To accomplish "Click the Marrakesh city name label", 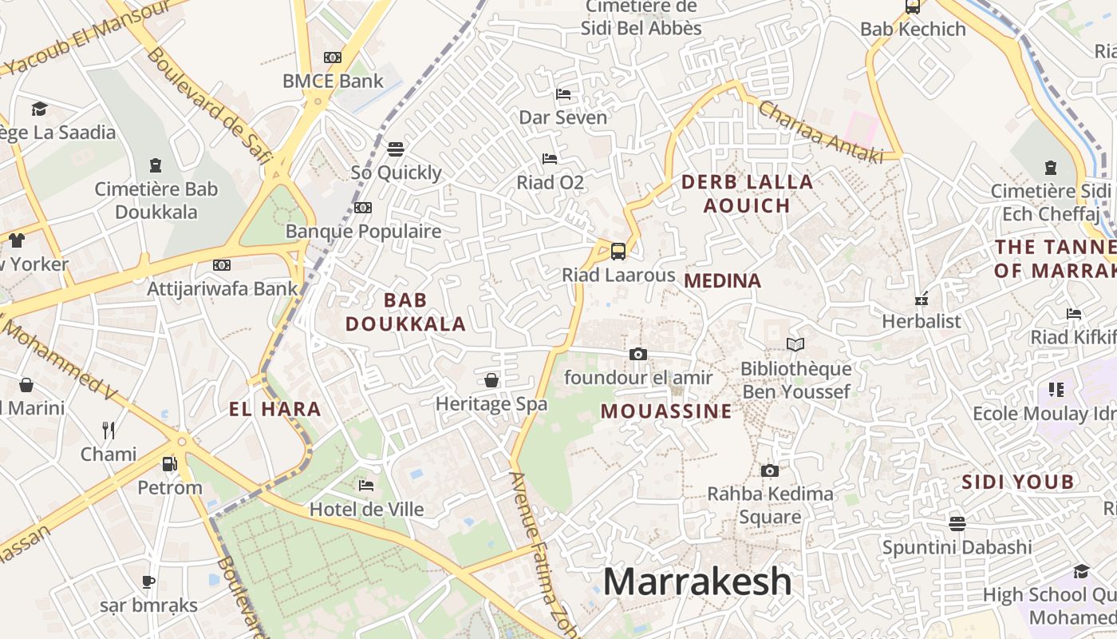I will tap(697, 582).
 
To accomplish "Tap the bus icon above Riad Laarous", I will tap(618, 252).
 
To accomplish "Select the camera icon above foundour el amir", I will tap(638, 354).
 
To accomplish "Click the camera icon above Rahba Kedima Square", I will tap(769, 470).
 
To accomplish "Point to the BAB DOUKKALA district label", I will tap(405, 312).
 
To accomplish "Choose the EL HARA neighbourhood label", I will tap(275, 410).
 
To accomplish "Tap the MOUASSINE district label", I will tap(666, 411).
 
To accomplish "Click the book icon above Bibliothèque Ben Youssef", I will tap(795, 345).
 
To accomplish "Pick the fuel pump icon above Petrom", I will tap(169, 463).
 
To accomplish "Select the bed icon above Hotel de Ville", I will tap(366, 485).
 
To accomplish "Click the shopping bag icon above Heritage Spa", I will tap(491, 380).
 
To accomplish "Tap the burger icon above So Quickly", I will tap(396, 149).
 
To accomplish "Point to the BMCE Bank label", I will tap(333, 81).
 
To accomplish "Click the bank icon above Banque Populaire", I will tap(363, 208).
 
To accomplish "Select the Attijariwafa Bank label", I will tap(222, 288).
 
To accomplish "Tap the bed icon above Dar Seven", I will tap(563, 94).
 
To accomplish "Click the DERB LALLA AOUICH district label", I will tap(747, 193).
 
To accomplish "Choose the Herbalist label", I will tap(922, 321).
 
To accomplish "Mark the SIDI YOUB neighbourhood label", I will tap(1017, 482).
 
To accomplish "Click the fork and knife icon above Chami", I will tap(109, 431).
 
